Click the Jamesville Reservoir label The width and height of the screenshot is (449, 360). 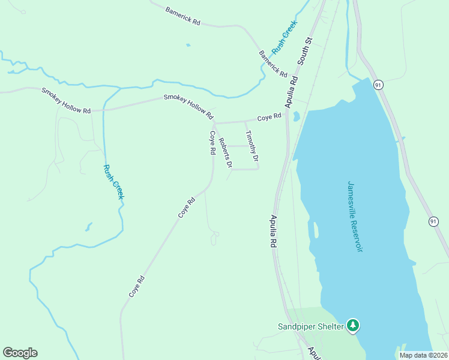(x=356, y=216)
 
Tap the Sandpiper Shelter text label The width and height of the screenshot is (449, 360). (x=310, y=326)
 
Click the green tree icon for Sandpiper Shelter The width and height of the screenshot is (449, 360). (x=354, y=326)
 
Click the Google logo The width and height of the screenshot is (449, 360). (x=20, y=353)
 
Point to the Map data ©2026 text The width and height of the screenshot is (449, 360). (x=423, y=355)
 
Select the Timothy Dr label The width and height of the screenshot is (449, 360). (x=252, y=146)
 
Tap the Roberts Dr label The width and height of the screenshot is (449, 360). (x=226, y=153)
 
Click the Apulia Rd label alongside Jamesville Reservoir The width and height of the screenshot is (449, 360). (x=273, y=232)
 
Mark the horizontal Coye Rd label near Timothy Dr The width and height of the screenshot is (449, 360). (x=270, y=117)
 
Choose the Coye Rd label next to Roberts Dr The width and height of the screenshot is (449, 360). (x=212, y=143)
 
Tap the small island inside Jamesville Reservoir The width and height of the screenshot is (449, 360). (x=315, y=230)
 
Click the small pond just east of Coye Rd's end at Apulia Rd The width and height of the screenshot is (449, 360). (x=296, y=116)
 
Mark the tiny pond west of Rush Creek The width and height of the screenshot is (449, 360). (x=88, y=227)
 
